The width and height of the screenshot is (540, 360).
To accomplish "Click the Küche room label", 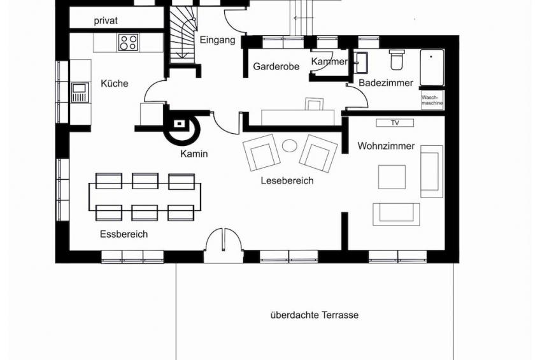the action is (115, 83).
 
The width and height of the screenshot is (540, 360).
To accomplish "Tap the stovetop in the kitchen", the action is (128, 43).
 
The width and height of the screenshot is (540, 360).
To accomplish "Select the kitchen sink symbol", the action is (80, 92).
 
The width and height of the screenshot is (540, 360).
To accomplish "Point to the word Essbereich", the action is (124, 234).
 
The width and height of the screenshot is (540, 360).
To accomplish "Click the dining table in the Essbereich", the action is (145, 197).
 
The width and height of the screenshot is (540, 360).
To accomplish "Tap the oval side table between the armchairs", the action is (289, 146).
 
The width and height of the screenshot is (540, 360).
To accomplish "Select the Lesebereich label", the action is (287, 180).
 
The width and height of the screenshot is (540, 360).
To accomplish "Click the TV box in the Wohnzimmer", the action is (395, 123).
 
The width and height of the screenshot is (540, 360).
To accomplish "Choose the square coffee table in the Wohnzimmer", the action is (392, 177).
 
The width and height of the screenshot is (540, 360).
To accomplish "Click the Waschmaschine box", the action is (432, 100).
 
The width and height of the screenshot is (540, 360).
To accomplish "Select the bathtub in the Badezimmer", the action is (432, 68).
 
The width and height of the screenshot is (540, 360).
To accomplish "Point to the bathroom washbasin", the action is (361, 62).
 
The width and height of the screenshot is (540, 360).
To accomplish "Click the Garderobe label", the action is (276, 66).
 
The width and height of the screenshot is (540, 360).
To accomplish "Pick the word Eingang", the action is (217, 40).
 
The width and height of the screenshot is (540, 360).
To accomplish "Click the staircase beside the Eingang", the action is (183, 35).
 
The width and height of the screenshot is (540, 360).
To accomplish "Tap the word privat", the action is (106, 20).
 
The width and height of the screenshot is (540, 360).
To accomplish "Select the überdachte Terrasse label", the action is (315, 315).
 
